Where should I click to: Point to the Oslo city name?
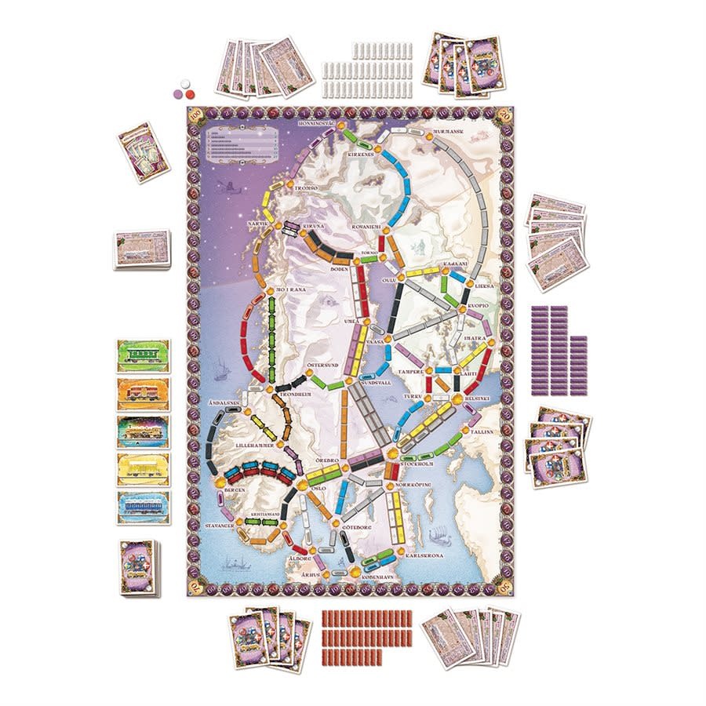pyautogui.click(x=315, y=487)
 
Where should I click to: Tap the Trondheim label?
pyautogui.click(x=286, y=395)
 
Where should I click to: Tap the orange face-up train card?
pyautogui.click(x=143, y=394)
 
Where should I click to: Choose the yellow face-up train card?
pyautogui.click(x=143, y=469)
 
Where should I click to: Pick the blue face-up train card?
pyautogui.click(x=143, y=507)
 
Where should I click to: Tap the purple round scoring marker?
pyautogui.click(x=178, y=93)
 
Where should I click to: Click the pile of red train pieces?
pyautogui.click(x=366, y=636)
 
